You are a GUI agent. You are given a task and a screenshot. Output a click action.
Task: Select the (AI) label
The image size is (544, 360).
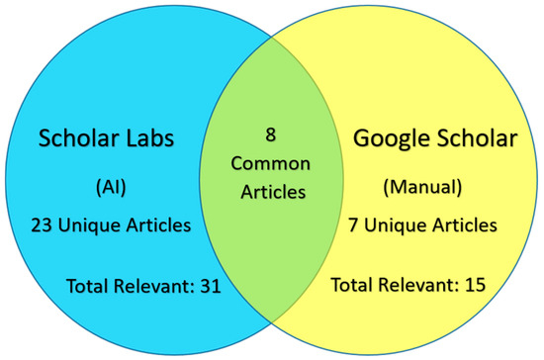point(111,188)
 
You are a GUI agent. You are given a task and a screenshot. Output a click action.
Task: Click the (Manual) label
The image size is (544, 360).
point(422,187)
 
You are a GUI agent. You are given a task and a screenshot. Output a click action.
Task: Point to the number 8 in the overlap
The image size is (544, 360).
point(271,135)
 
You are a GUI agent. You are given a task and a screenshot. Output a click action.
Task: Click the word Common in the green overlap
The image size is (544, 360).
point(271,163)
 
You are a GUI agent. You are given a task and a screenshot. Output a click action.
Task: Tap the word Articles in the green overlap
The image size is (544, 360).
point(273,192)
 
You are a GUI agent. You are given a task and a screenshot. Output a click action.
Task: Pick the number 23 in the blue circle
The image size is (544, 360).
point(42,225)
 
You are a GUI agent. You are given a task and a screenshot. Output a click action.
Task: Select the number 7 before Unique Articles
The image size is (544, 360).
point(353,225)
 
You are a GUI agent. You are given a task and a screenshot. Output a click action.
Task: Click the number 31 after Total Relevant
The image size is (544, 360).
point(211,286)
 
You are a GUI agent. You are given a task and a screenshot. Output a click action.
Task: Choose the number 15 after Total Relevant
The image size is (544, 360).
point(475,285)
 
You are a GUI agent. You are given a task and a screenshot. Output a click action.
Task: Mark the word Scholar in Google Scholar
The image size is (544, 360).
point(477,137)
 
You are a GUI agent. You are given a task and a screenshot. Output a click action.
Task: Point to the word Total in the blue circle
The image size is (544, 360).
point(88,286)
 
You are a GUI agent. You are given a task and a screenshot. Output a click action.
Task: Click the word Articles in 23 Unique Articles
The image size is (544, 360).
point(158,225)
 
